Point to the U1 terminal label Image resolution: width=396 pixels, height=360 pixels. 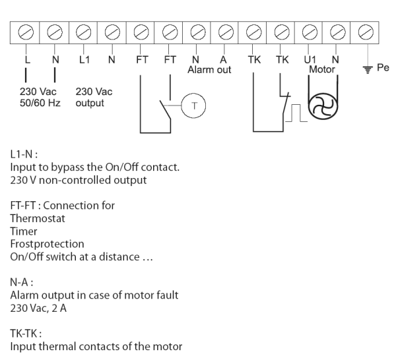point(310,59)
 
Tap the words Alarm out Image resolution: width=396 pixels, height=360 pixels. point(209,69)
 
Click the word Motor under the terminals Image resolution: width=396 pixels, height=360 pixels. point(322,68)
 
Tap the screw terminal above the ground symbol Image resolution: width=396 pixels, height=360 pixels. point(367,30)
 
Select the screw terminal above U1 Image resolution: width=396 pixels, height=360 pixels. point(310,30)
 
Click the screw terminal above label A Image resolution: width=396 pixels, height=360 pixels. point(225,30)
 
